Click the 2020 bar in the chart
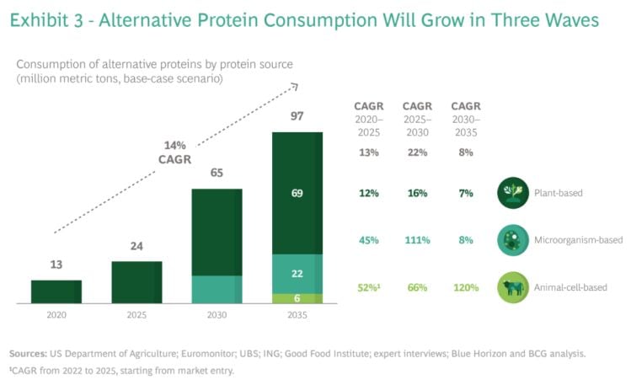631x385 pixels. [x=56, y=291]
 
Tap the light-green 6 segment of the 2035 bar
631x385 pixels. [x=297, y=298]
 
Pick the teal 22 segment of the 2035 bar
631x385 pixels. [x=297, y=274]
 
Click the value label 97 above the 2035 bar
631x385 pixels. [x=297, y=115]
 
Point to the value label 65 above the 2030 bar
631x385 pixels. [x=217, y=174]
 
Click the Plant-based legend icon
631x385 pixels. [x=514, y=193]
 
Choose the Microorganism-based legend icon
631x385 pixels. [x=514, y=240]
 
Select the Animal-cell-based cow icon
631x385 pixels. [x=514, y=287]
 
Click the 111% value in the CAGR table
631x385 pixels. [x=416, y=240]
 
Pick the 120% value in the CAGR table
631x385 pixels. [x=465, y=287]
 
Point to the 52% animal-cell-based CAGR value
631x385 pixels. [x=367, y=287]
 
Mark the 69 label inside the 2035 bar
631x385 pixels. [x=297, y=193]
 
